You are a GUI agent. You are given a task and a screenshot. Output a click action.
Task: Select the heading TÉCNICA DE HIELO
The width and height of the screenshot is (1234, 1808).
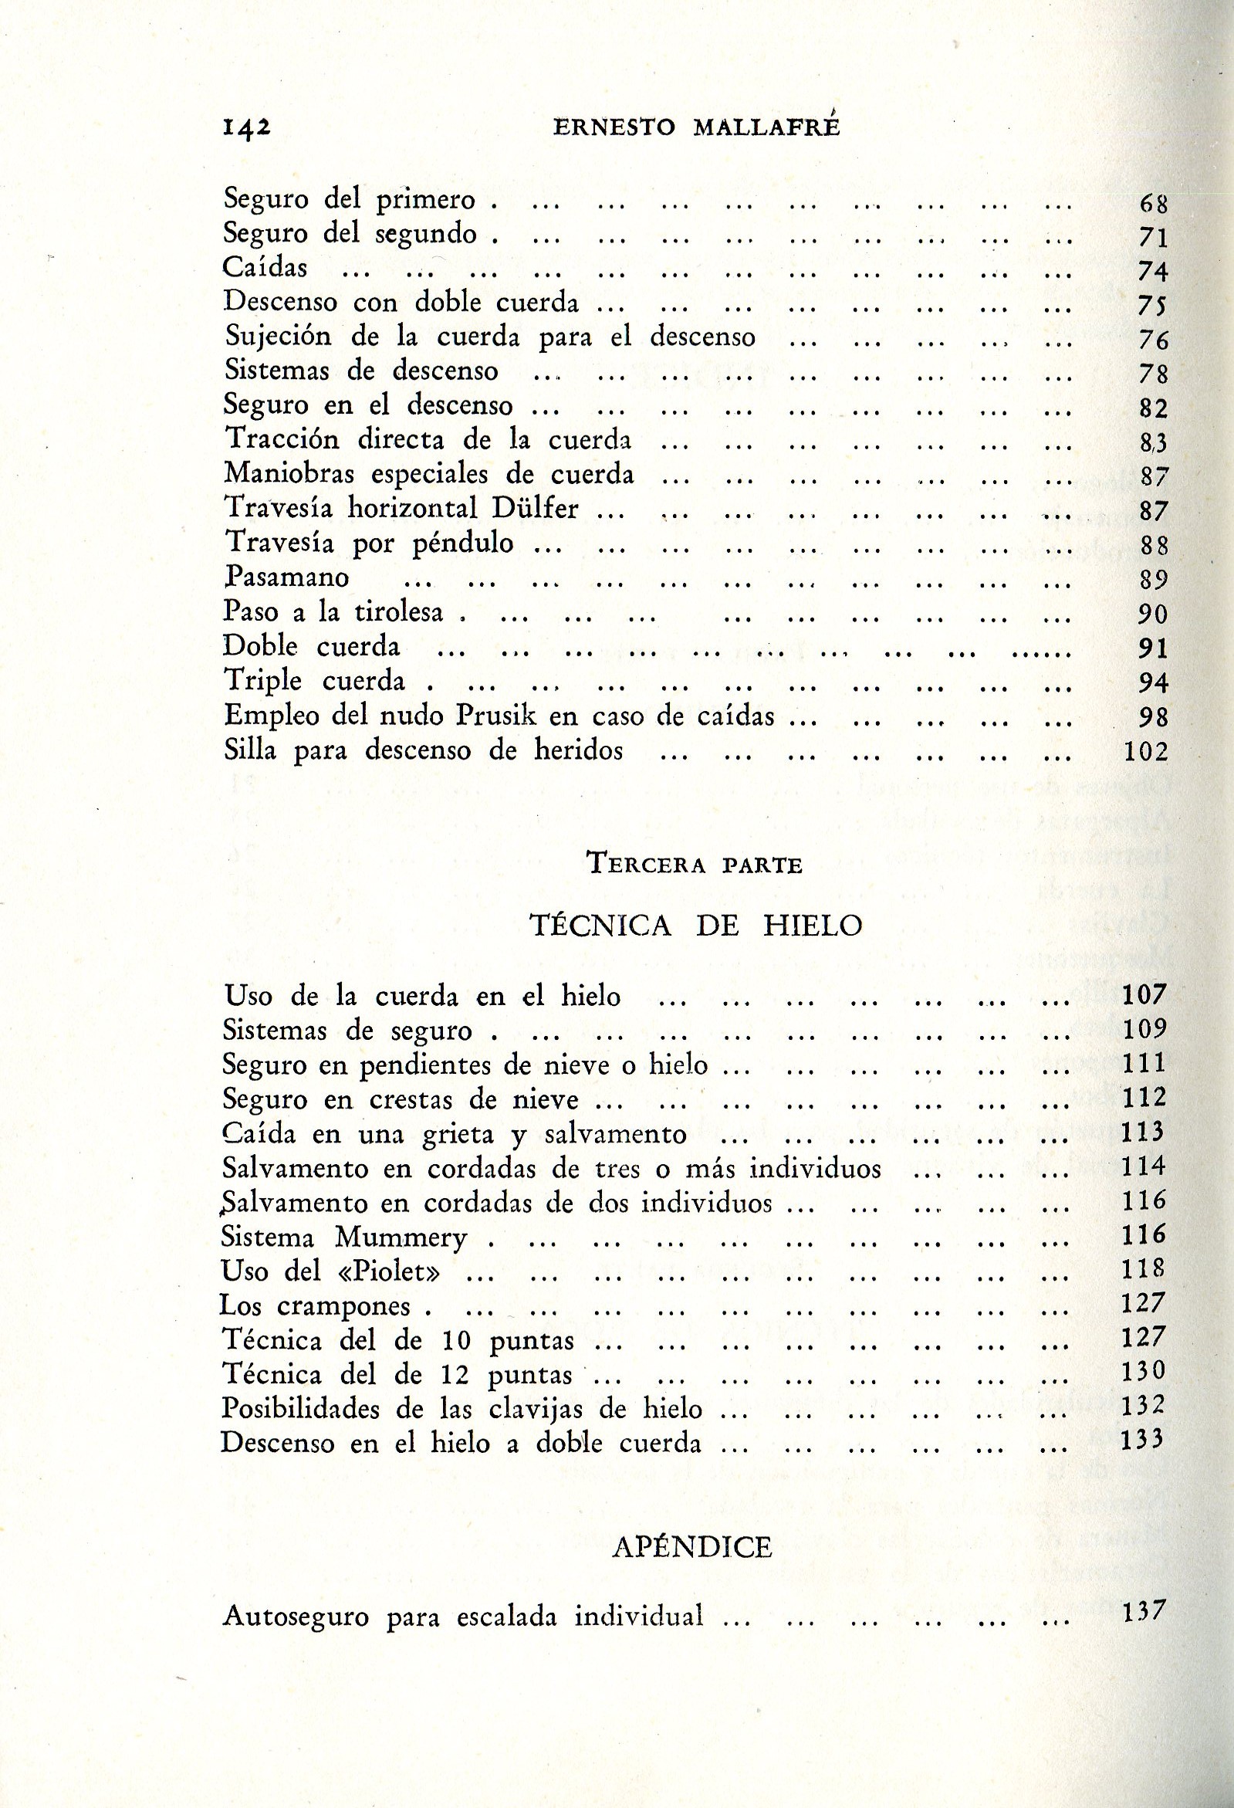(x=696, y=926)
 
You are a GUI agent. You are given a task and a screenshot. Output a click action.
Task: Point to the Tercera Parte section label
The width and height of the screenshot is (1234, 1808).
(x=695, y=865)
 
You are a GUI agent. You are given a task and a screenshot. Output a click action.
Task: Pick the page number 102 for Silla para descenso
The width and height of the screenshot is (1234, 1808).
(x=1145, y=751)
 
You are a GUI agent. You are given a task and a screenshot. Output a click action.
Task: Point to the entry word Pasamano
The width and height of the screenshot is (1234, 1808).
(x=286, y=577)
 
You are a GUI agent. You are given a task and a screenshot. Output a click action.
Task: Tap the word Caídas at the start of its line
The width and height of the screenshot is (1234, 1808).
(x=265, y=268)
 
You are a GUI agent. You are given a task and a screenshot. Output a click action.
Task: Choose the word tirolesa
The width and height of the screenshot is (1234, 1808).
(x=398, y=611)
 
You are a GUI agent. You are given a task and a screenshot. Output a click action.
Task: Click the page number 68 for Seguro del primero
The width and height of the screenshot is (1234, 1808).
(x=1153, y=204)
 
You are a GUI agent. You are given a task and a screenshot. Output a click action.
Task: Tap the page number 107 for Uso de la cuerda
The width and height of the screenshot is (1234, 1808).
(x=1144, y=994)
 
